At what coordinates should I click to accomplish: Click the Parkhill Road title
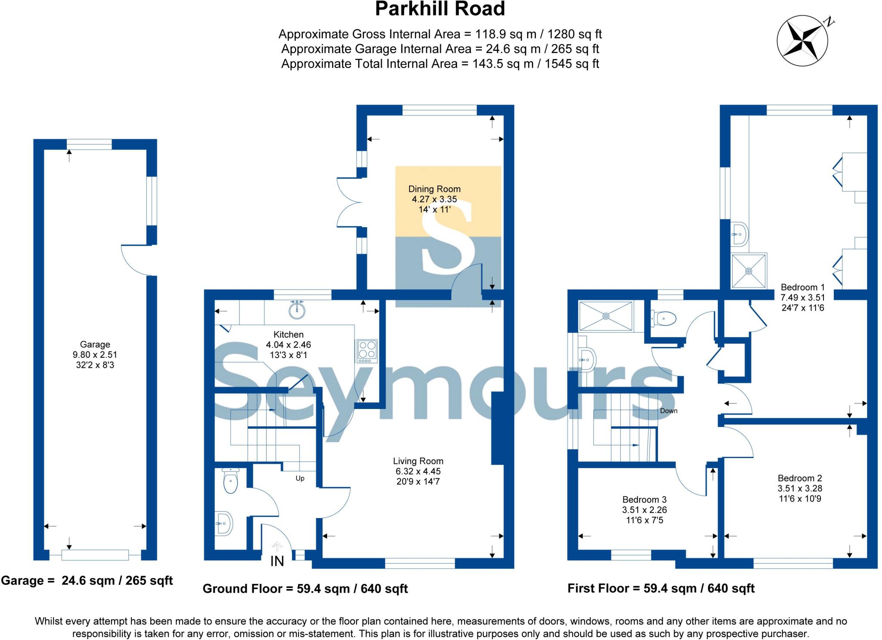click(x=440, y=9)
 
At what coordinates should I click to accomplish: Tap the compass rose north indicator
click(x=802, y=41)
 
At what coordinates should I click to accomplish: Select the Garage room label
click(x=95, y=344)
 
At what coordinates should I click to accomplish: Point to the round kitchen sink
click(x=297, y=310)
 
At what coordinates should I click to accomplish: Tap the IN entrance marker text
click(x=277, y=561)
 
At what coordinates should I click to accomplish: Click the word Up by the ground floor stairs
click(x=300, y=478)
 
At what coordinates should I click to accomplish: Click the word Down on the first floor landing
click(x=668, y=411)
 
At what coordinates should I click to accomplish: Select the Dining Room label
click(x=434, y=189)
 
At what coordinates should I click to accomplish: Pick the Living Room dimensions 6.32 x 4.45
click(x=418, y=471)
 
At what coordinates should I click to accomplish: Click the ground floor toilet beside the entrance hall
click(x=230, y=481)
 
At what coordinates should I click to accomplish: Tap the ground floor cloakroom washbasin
click(x=224, y=524)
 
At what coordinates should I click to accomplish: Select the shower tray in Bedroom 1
click(x=749, y=271)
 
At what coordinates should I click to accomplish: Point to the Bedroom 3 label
click(x=644, y=500)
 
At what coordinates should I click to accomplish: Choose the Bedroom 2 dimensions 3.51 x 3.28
click(x=800, y=488)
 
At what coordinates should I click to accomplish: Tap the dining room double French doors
click(x=347, y=203)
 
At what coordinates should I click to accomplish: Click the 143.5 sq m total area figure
click(x=503, y=64)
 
